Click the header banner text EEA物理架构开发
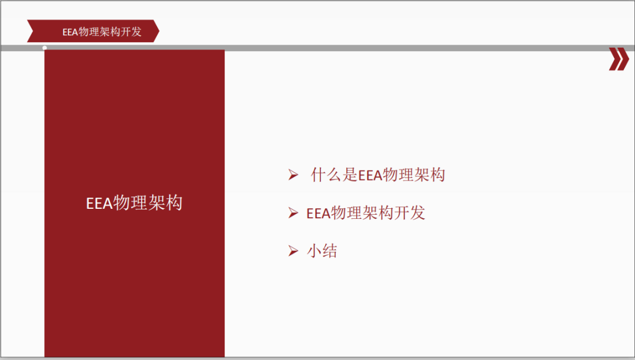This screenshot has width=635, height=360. click(x=102, y=32)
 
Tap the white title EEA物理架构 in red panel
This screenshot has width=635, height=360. click(x=135, y=202)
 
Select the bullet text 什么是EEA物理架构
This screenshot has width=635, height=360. click(x=378, y=175)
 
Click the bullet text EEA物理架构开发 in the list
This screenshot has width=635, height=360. click(x=366, y=213)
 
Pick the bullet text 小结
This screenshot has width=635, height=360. click(x=322, y=251)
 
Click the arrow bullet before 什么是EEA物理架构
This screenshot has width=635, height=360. click(x=293, y=175)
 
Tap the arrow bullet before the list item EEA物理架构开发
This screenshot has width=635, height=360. click(x=293, y=212)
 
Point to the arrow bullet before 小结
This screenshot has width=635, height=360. click(x=293, y=251)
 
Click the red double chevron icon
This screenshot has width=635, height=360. click(x=619, y=59)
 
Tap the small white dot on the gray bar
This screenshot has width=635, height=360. click(x=45, y=48)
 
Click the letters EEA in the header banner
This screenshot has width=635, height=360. click(x=70, y=32)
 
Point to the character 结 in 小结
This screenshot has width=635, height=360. click(x=330, y=251)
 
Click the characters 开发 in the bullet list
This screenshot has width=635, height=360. click(x=409, y=213)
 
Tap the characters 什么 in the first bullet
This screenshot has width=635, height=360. click(x=326, y=175)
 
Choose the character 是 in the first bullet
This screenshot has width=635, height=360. click(x=350, y=175)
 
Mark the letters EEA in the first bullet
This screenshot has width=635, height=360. click(x=370, y=175)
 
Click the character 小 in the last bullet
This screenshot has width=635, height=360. click(x=314, y=251)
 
